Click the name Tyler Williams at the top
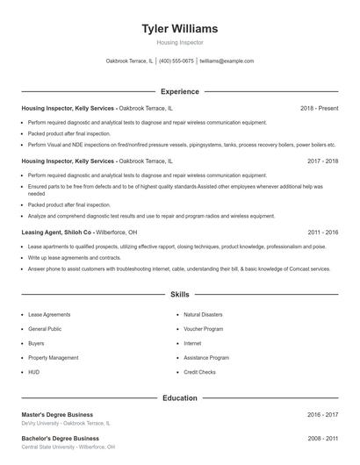point(179,29)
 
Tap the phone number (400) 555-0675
point(176,61)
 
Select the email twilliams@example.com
point(227,61)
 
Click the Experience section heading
point(179,91)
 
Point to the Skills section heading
point(179,295)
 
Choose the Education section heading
point(179,398)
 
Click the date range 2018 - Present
point(319,108)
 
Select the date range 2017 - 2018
point(323,161)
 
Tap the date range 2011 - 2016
point(323,232)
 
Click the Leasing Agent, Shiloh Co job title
point(57,232)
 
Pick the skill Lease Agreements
point(49,314)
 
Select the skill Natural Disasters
point(203,314)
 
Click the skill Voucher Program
point(203,329)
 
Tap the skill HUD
point(33,372)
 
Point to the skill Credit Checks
point(199,372)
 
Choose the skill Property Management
point(53,358)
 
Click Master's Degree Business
point(57,414)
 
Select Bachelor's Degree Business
point(60,438)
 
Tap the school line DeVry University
point(66,423)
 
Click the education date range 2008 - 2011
point(323,438)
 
